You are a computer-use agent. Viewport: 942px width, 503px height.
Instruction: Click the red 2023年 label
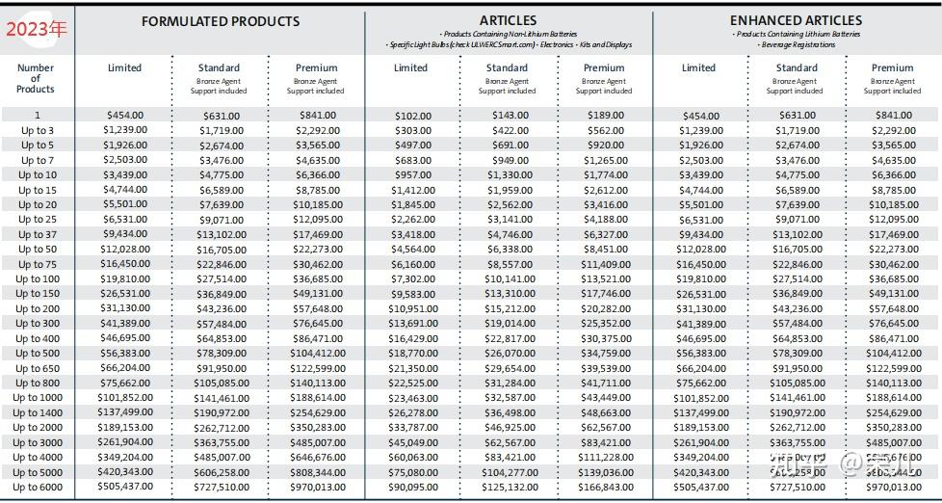click(37, 29)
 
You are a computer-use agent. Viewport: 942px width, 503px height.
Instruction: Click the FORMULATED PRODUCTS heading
click(221, 21)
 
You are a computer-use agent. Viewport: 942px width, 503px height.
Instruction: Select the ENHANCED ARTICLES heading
click(796, 20)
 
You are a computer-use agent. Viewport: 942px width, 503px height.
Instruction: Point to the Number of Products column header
click(36, 78)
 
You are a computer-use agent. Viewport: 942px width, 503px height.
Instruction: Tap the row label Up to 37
click(37, 234)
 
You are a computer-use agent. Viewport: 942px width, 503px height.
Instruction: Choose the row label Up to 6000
click(38, 488)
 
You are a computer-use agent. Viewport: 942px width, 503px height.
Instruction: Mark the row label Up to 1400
click(38, 412)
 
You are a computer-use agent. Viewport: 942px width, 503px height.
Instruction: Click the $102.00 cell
click(413, 116)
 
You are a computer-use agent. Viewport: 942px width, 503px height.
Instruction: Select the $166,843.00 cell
click(605, 488)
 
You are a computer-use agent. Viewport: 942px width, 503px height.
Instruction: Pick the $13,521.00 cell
click(605, 279)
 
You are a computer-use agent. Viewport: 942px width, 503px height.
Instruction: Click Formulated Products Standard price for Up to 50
click(222, 250)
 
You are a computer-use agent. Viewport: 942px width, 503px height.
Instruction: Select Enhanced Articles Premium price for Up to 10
click(893, 175)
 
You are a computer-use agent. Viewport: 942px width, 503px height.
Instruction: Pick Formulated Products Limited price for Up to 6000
click(125, 488)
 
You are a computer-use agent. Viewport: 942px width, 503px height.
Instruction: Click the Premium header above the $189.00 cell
click(604, 67)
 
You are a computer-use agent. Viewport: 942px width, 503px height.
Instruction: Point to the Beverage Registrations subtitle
click(796, 45)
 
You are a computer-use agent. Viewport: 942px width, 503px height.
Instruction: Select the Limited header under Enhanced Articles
click(698, 67)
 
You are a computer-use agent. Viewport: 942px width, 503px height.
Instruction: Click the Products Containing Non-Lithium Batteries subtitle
click(508, 35)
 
